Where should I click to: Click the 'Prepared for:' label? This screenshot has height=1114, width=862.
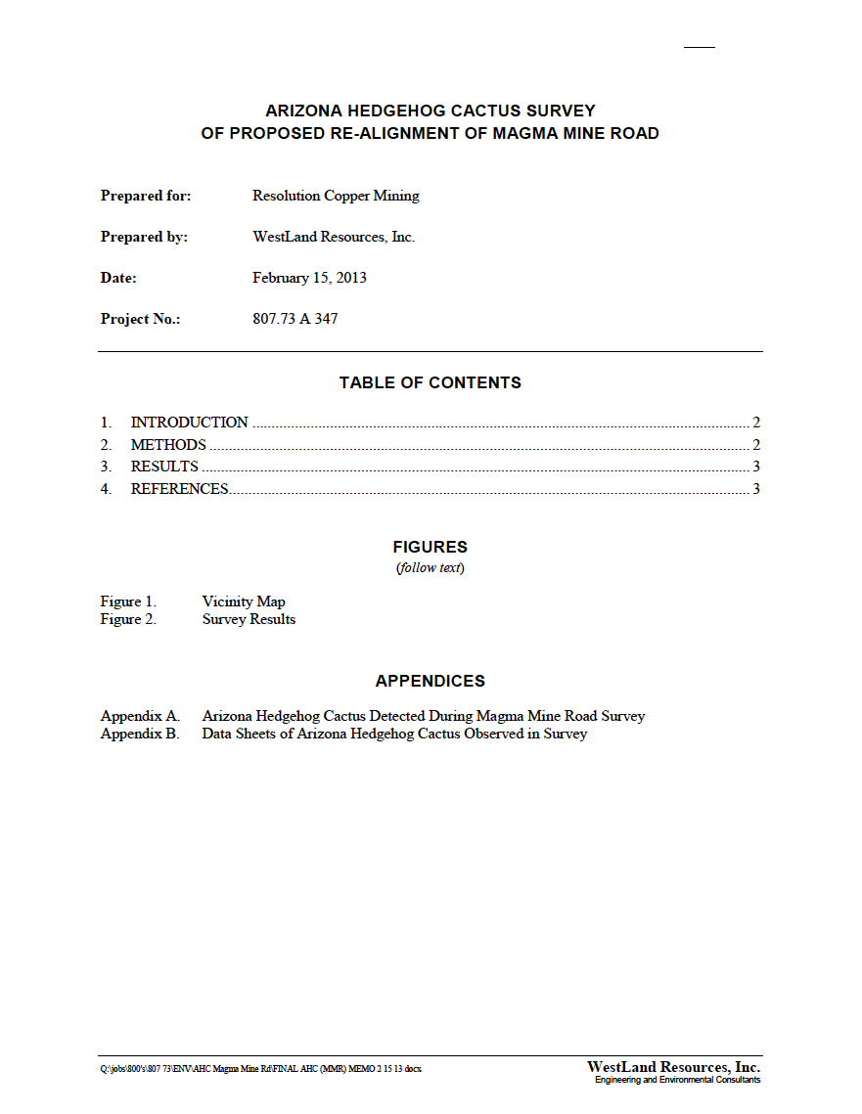(146, 196)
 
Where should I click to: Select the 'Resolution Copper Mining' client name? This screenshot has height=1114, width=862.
(336, 196)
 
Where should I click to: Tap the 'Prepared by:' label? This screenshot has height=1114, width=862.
(144, 237)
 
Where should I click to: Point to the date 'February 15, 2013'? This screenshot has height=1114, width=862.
(309, 278)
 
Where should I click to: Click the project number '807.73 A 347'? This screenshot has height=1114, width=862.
(295, 319)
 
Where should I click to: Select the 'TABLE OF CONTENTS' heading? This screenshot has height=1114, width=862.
(431, 382)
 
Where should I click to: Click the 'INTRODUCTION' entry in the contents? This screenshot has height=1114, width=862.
(189, 423)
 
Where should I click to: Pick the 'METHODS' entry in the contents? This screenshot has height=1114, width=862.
(168, 445)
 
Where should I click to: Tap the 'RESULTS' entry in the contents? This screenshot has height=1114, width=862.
(164, 467)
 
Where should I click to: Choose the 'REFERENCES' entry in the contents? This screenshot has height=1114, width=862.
(179, 489)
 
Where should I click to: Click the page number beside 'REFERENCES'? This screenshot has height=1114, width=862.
(756, 489)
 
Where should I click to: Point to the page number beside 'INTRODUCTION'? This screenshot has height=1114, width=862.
(756, 423)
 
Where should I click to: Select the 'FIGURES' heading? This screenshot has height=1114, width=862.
(431, 547)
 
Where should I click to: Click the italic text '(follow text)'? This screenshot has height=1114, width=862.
(431, 568)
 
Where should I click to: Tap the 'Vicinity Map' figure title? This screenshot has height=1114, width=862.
(244, 602)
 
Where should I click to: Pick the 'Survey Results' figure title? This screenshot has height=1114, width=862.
(249, 619)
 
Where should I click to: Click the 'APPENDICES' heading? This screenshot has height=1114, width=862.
(431, 681)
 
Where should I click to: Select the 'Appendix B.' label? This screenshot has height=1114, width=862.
(140, 734)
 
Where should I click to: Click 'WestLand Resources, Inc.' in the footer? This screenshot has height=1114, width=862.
(673, 1067)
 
